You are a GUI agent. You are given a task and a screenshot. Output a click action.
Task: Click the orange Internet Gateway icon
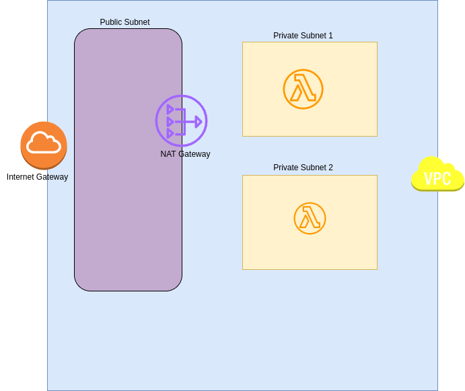(44, 145)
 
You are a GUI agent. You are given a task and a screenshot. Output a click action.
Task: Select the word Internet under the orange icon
(21, 177)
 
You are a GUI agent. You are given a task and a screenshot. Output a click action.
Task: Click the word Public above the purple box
(112, 22)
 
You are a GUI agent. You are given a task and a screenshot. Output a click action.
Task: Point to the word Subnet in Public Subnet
(137, 22)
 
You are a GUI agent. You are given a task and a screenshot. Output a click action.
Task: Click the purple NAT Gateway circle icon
(181, 121)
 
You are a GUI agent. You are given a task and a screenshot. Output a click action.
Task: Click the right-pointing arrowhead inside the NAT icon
(199, 122)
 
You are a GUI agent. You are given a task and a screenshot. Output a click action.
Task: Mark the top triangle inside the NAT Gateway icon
(170, 109)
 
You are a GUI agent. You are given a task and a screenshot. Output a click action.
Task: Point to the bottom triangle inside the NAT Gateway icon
(170, 133)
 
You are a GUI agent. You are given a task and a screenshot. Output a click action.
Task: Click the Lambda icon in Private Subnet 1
(303, 89)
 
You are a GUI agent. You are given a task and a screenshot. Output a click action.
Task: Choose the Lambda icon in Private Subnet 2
(310, 218)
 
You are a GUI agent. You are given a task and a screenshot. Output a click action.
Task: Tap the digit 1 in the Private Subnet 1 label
(330, 36)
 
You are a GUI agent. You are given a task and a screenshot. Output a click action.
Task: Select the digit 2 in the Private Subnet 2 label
(330, 168)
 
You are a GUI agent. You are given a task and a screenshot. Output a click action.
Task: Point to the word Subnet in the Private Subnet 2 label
(314, 168)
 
